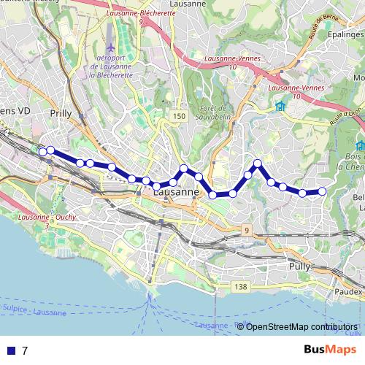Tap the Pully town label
pyautogui.click(x=299, y=267)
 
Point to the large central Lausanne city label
pyautogui.click(x=176, y=192)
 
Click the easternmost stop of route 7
pyautogui.click(x=322, y=191)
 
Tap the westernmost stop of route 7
pyautogui.click(x=42, y=152)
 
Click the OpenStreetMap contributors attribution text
pyautogui.click(x=301, y=326)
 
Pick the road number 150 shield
pyautogui.click(x=180, y=117)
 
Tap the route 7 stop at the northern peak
pyautogui.click(x=258, y=163)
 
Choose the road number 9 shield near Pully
pyautogui.click(x=247, y=231)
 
